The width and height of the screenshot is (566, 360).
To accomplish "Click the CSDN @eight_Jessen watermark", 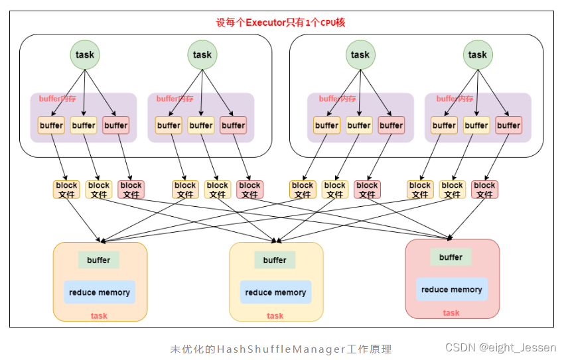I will click(502, 347).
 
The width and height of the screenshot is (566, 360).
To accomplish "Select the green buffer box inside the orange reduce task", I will click(99, 260).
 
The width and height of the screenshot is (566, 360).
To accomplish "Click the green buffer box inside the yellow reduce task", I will click(275, 260).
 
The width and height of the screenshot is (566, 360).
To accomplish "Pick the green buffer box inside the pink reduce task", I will click(451, 257).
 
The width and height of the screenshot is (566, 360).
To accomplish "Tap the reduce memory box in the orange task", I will click(100, 292).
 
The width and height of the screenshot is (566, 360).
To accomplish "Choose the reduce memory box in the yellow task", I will click(275, 292).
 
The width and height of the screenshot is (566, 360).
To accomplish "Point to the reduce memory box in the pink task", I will click(451, 289).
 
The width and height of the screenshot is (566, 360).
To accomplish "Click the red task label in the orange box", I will click(100, 316).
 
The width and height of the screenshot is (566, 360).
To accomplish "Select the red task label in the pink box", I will click(451, 313).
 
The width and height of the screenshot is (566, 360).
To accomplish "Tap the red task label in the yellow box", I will click(275, 316).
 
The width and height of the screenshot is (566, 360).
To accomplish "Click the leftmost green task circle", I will click(85, 55).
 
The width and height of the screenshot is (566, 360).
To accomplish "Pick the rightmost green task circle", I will click(477, 55).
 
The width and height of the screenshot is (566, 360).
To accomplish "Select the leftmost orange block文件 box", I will click(66, 190).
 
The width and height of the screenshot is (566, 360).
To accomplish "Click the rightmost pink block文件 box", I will click(484, 190).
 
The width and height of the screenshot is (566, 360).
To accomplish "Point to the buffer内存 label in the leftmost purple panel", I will click(58, 99).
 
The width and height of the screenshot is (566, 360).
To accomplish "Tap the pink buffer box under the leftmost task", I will click(115, 125).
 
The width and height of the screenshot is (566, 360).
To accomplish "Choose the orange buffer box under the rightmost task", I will click(444, 125).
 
